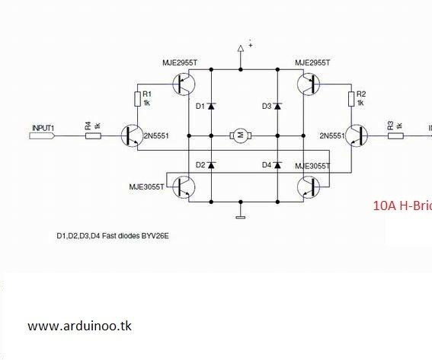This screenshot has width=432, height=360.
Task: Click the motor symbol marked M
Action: point(239,135)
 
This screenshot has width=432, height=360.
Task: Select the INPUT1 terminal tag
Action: point(42,135)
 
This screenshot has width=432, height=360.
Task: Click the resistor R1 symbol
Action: point(138,98)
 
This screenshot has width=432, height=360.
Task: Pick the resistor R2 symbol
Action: point(352,98)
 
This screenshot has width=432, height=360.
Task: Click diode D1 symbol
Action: point(211,106)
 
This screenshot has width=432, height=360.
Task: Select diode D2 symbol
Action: point(211,164)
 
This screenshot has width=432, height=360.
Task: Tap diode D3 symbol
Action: point(277,106)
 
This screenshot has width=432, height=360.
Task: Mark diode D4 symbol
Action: point(277,164)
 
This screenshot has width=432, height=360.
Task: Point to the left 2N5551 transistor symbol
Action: point(132,136)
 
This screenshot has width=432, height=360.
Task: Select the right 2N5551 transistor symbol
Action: point(357,136)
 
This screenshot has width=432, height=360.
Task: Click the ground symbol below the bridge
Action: point(240,215)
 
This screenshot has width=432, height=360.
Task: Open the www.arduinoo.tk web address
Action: point(80,325)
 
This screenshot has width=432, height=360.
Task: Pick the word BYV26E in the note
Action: point(152,237)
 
